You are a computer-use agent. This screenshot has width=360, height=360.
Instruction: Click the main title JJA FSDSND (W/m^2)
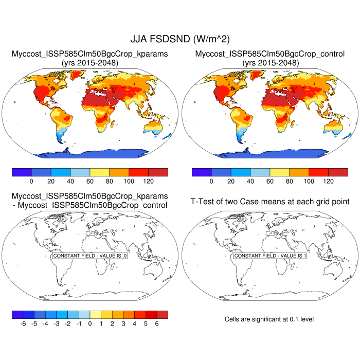[180, 39]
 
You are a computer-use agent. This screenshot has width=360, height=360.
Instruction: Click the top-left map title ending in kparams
[90, 53]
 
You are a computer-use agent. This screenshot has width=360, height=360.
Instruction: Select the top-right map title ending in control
[270, 53]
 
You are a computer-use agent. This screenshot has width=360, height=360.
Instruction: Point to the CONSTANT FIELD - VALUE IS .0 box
[90, 256]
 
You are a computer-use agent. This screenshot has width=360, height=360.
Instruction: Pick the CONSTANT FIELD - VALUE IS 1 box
[270, 256]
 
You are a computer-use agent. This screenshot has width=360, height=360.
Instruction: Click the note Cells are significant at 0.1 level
[269, 319]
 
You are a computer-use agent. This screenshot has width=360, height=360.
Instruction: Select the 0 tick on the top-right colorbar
[211, 182]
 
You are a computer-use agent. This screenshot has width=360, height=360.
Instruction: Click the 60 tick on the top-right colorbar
[270, 182]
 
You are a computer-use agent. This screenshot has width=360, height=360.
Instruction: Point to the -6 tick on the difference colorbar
[23, 324]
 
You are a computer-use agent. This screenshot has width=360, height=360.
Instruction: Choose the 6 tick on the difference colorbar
[157, 324]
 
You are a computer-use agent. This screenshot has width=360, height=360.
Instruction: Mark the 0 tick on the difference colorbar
[90, 324]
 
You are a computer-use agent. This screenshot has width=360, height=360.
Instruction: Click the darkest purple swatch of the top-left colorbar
[22, 172]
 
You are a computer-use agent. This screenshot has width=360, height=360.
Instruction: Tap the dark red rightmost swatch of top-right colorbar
[338, 172]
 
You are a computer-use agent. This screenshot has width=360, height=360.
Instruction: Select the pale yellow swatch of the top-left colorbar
[100, 172]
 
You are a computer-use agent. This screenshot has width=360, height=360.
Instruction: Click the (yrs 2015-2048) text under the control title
[270, 63]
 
